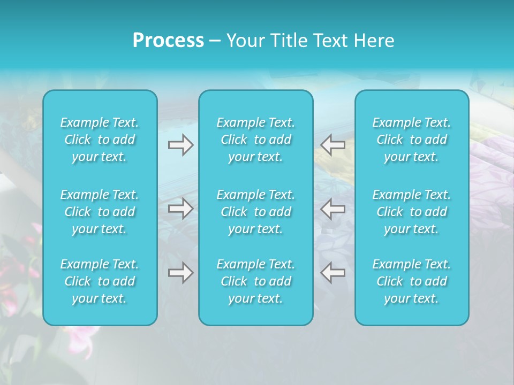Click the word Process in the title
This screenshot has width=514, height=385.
(x=168, y=41)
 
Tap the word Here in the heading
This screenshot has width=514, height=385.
(x=375, y=41)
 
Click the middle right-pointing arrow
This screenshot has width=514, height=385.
(x=180, y=208)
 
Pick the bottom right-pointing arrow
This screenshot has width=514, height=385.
(x=180, y=273)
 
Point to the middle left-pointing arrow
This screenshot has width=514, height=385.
(x=333, y=208)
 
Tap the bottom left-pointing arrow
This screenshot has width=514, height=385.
(x=333, y=273)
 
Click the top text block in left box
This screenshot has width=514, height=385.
(x=100, y=140)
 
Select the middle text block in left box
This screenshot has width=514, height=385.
(x=100, y=212)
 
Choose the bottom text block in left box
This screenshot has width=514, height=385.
(x=100, y=281)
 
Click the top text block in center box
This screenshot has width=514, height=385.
(x=256, y=140)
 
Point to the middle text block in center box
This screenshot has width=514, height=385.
(x=256, y=212)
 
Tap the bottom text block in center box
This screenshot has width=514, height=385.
(x=256, y=281)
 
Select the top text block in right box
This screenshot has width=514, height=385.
(x=412, y=140)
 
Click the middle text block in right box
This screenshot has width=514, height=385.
(x=412, y=212)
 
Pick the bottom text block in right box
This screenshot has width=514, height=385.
(x=412, y=281)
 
